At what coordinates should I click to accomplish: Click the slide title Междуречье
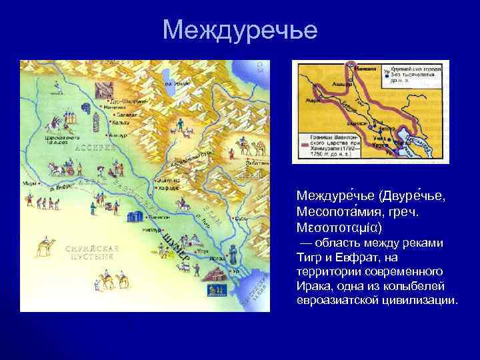[240, 29]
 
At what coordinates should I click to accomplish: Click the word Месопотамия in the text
[334, 211]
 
